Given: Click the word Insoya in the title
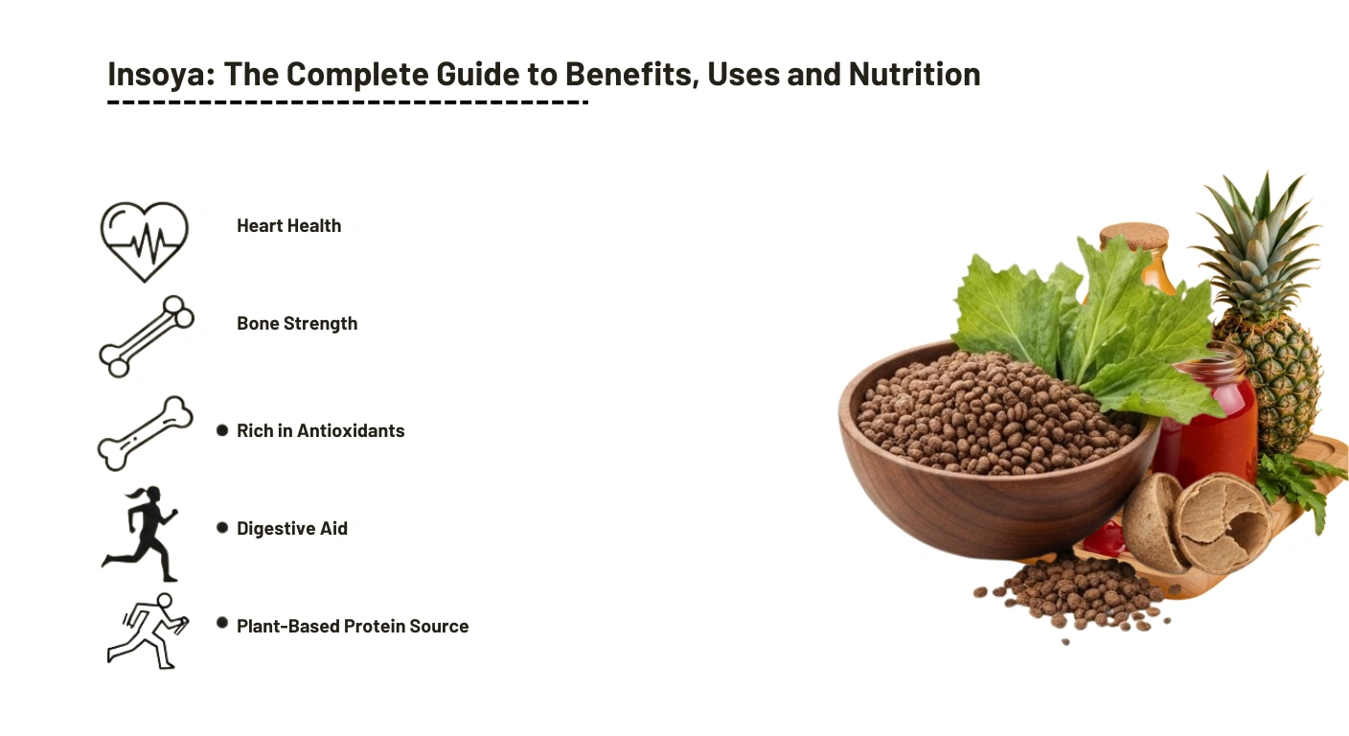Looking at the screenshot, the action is click(161, 75).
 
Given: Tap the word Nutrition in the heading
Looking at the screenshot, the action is click(915, 74).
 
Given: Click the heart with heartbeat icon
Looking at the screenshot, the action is click(145, 241).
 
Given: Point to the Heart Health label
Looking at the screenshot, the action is click(289, 226).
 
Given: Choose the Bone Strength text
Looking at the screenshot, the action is click(297, 323).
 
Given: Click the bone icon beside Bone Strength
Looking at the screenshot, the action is click(147, 336).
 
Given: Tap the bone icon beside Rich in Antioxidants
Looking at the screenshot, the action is click(145, 433).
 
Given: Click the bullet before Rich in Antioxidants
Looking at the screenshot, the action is click(222, 430).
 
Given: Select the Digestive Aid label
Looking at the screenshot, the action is click(292, 528).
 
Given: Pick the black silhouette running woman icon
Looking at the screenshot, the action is click(140, 534).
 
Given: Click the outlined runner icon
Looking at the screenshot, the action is click(149, 632).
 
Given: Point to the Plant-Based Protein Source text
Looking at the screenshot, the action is click(353, 627).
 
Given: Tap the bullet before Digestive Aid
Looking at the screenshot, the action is click(222, 528).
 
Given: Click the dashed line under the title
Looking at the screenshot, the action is click(348, 103).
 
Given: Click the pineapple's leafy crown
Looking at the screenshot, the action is click(1259, 247).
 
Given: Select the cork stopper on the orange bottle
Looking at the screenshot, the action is click(1134, 236).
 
